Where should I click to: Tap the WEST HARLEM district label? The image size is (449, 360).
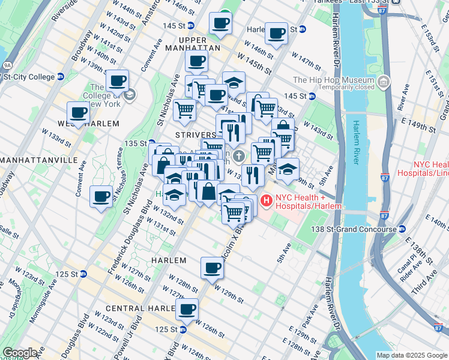pos(88,123)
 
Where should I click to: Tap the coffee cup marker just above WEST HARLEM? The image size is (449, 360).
pos(78,112)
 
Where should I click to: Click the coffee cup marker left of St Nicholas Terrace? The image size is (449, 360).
pos(101,195)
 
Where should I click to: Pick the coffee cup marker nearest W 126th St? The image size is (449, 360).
pos(188,308)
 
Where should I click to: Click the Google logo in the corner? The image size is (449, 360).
pos(20,353)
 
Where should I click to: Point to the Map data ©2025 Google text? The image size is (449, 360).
pos(411,355)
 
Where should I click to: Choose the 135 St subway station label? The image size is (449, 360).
pos(135,143)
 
